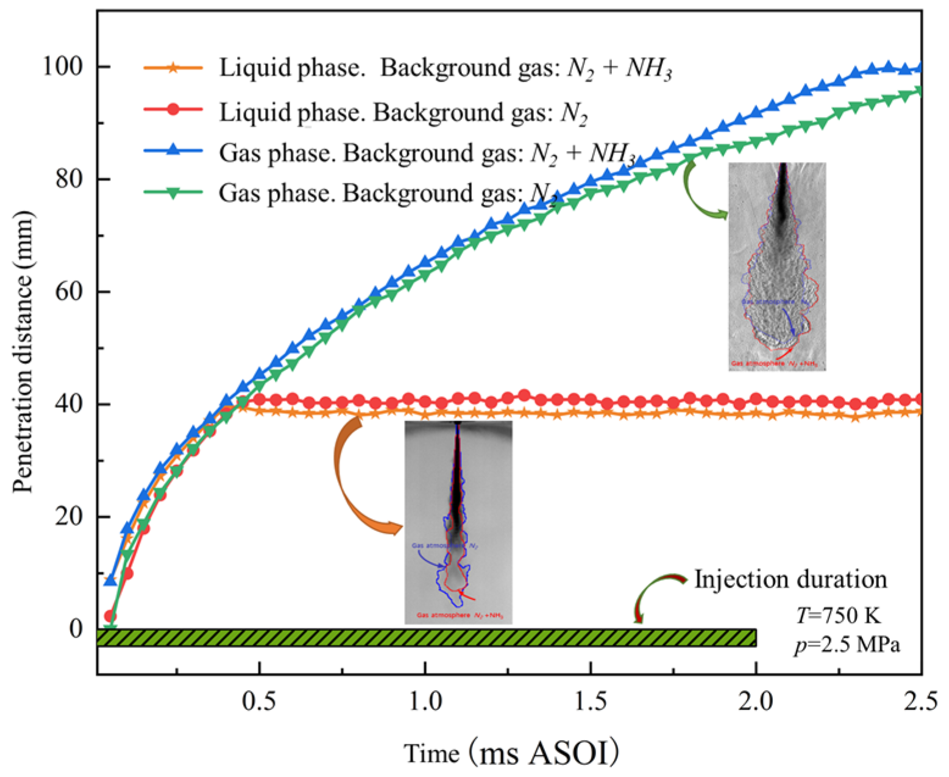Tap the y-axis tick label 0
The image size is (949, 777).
click(x=76, y=628)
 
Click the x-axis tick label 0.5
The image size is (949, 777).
click(x=260, y=703)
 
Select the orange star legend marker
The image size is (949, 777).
click(x=173, y=68)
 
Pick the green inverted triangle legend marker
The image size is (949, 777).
click(x=173, y=193)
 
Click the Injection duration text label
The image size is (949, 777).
click(x=791, y=579)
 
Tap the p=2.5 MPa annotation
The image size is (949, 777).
click(x=846, y=645)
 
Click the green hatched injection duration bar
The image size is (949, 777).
click(x=427, y=638)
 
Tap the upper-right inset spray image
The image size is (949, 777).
click(x=777, y=266)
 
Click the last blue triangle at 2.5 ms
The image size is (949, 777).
click(x=919, y=68)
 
